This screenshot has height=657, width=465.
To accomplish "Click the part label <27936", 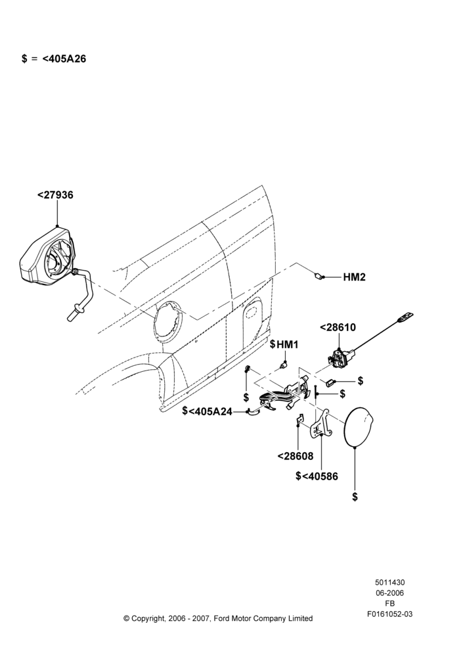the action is [x=55, y=195].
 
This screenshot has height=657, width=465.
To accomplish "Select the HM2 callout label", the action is [x=354, y=277].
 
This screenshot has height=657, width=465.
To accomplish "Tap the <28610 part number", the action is [x=338, y=327].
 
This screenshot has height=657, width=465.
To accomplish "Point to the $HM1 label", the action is [x=284, y=344].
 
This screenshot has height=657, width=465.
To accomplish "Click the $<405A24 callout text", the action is [x=207, y=411].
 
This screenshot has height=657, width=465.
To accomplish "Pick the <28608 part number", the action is [x=296, y=456].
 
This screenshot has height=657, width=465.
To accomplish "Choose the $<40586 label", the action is [x=317, y=476].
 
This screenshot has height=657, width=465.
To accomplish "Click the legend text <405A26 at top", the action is [x=64, y=59].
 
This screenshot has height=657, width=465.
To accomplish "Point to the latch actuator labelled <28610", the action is [x=340, y=359].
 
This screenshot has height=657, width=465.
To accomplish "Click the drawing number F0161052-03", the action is [x=389, y=614].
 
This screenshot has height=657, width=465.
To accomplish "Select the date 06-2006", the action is [x=389, y=593].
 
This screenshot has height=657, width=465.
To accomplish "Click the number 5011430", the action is [x=389, y=582].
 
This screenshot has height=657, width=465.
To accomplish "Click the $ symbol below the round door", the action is [x=355, y=497].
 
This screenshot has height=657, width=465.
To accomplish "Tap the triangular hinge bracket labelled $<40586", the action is [x=322, y=425].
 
